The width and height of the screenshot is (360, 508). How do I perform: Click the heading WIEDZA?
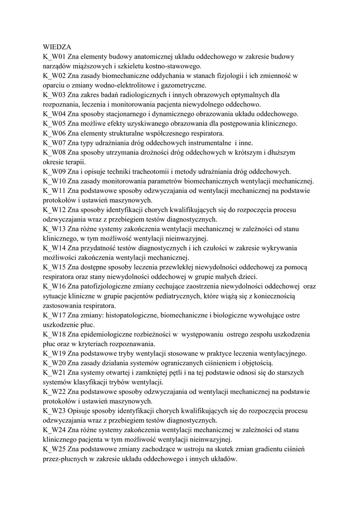coord(58,48)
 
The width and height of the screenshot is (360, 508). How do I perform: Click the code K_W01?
coord(54,57)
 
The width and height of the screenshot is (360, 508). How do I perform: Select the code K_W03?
coord(54,95)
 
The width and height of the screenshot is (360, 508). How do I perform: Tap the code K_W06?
coord(54,133)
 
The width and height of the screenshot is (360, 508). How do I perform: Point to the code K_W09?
coord(54,171)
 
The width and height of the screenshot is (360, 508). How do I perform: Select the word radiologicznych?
coord(148,95)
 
